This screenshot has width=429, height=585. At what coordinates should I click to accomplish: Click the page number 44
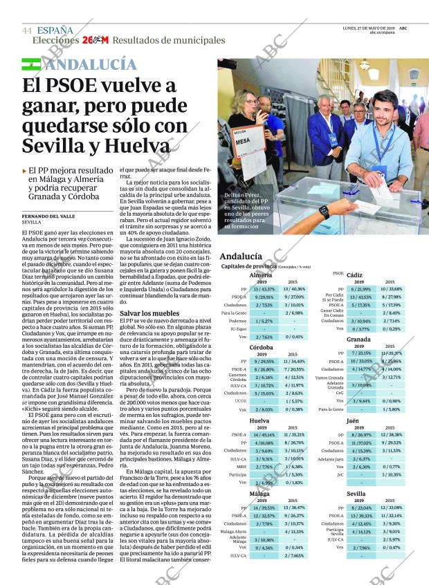pos(27,30)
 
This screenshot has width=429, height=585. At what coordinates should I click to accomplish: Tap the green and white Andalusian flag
pos(30,65)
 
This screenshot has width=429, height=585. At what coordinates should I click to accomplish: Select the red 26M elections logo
pos(95,41)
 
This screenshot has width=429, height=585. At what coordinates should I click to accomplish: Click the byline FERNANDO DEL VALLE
pos(48,215)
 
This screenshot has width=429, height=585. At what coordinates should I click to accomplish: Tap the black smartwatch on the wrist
pos(323,212)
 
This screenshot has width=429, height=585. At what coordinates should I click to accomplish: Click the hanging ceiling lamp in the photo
pos(364,65)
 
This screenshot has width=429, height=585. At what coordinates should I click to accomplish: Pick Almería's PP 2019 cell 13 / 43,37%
pos(262,289)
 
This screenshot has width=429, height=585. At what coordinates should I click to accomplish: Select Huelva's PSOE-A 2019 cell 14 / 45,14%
pos(262,434)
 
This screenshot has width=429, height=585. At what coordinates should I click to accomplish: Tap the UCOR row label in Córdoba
pos(239,400)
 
